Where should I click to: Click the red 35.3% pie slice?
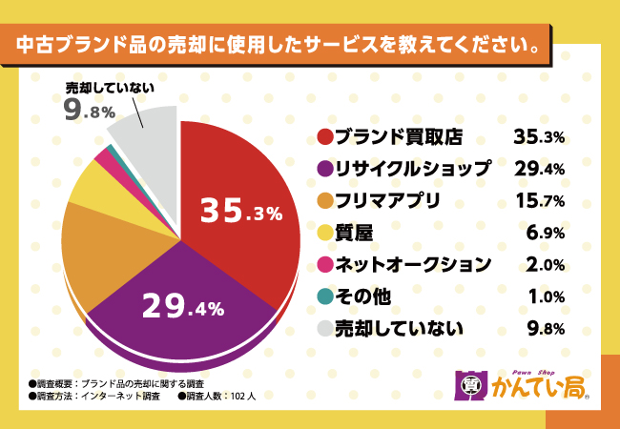[238, 210]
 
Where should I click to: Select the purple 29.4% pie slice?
[181, 305]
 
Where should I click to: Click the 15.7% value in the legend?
[539, 200]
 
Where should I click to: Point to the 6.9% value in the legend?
[547, 233]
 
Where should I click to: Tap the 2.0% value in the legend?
[547, 264]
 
